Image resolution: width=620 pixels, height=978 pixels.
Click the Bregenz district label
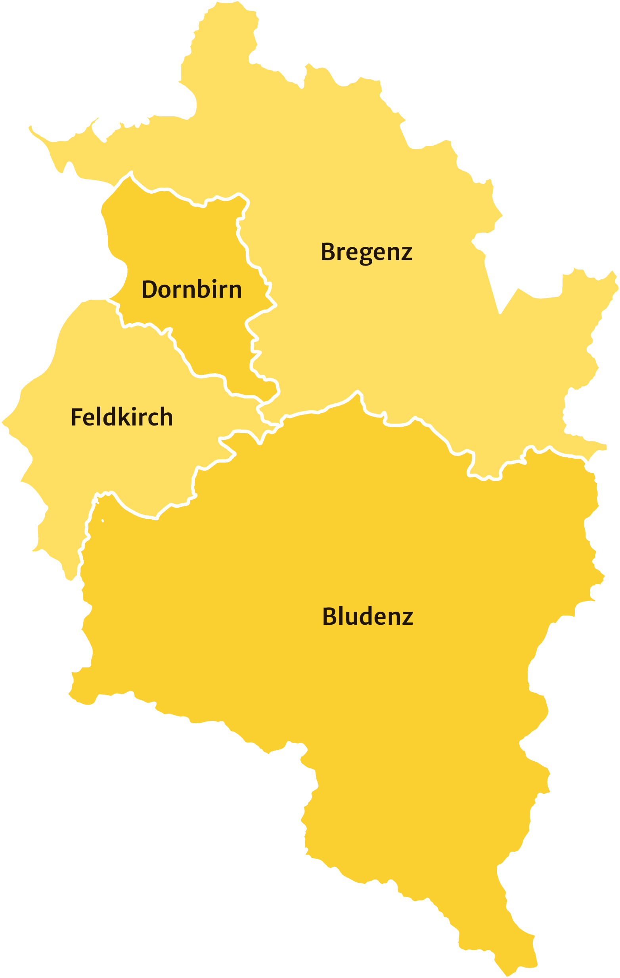click(366, 252)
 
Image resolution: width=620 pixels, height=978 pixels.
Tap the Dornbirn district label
click(191, 290)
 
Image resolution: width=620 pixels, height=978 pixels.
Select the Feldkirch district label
click(122, 417)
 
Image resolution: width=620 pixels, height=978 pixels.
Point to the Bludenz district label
click(367, 616)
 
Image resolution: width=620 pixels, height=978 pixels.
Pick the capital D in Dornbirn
click(150, 290)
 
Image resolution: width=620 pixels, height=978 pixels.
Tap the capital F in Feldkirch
click(77, 417)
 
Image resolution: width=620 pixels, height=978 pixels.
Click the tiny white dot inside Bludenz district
click(103, 521)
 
